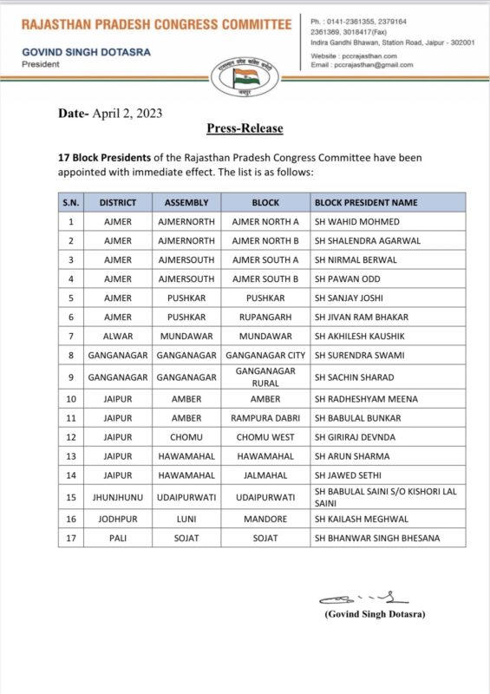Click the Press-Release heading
click(x=245, y=128)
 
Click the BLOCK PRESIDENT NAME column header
click(x=366, y=202)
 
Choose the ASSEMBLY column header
click(x=186, y=202)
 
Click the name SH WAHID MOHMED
click(x=352, y=221)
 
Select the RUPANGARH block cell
click(x=265, y=317)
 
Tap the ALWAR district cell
click(x=117, y=336)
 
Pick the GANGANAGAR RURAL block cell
click(x=265, y=376)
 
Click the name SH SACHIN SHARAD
click(x=354, y=377)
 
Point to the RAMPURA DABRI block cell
click(x=265, y=418)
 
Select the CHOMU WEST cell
click(x=265, y=437)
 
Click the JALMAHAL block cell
click(x=265, y=475)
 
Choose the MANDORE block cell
click(x=265, y=520)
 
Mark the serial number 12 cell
click(x=70, y=437)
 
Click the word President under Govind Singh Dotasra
click(x=42, y=63)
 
